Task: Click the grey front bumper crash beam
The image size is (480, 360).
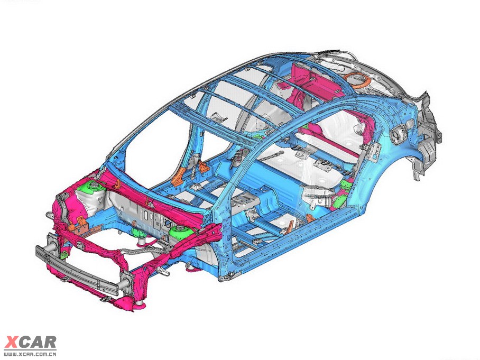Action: click(x=77, y=270)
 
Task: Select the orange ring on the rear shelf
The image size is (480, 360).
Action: click(x=357, y=80)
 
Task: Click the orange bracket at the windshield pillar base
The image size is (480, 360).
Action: click(x=178, y=177)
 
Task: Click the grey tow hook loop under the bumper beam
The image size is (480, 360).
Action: click(x=105, y=299)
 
